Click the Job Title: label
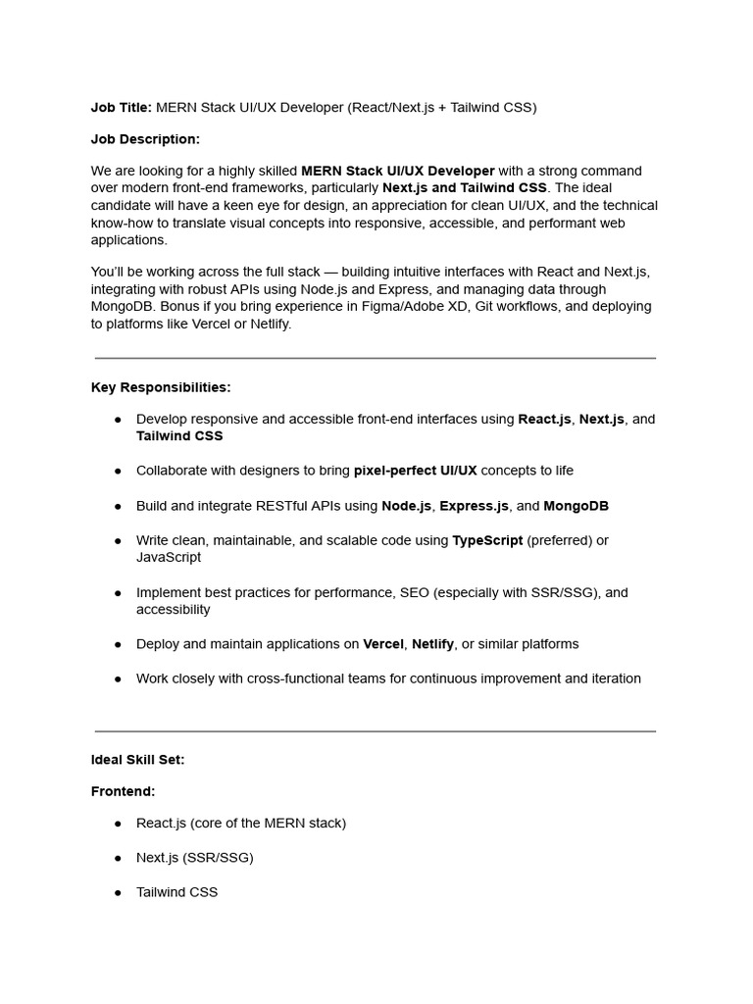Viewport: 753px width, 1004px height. click(122, 108)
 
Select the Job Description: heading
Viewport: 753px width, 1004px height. click(145, 139)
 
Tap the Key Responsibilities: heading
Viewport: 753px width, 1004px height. click(161, 387)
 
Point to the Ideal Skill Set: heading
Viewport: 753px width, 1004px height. click(137, 759)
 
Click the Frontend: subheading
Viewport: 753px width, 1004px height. click(124, 791)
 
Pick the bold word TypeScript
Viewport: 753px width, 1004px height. click(487, 540)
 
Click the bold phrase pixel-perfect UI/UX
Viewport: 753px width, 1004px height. click(415, 471)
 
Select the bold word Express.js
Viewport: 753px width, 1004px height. click(474, 506)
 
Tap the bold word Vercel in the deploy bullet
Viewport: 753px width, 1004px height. click(383, 644)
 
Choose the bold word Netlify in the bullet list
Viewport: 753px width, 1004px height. click(432, 644)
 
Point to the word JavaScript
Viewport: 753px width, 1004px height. click(169, 557)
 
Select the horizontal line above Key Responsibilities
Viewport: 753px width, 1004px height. click(376, 359)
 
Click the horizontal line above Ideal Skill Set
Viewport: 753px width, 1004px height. click(376, 731)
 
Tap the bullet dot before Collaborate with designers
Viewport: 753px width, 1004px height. click(118, 471)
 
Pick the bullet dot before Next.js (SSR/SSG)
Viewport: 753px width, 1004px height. click(118, 858)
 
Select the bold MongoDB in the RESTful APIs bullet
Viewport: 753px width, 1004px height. click(576, 506)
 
